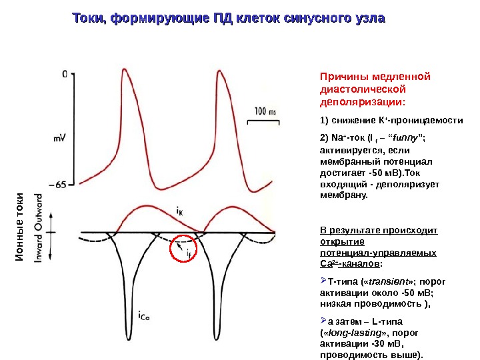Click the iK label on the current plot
click(x=180, y=210)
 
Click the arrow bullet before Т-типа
click(x=324, y=280)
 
